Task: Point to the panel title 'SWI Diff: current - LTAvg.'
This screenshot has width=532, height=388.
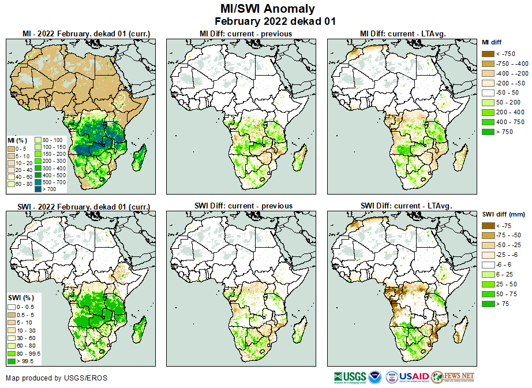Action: (406, 206)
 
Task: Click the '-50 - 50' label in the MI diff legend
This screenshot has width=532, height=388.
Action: (506, 93)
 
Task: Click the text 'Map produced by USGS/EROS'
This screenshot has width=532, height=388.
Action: (56, 378)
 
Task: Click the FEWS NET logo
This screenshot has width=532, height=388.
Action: (453, 378)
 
